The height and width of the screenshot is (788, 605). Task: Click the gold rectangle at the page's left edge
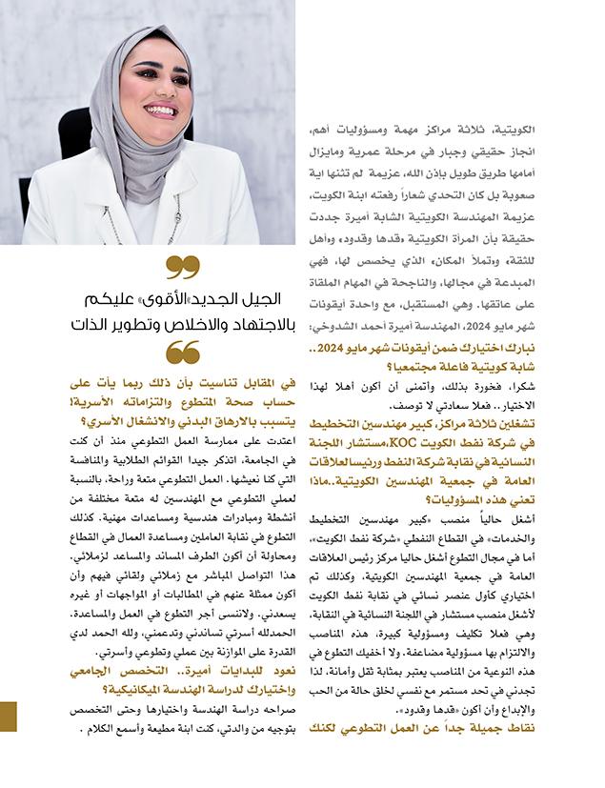(x=9, y=716)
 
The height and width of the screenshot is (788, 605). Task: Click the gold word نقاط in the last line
(x=555, y=728)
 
